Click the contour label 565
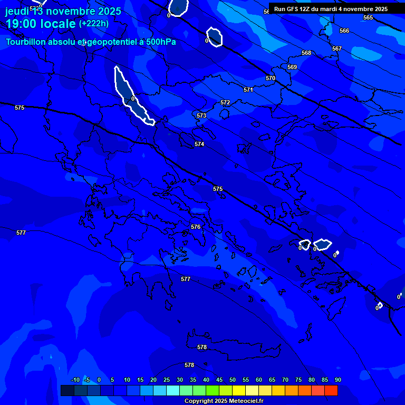(368, 17)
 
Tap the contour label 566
(344, 31)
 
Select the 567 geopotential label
(337, 49)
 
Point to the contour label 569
(292, 67)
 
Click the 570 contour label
(271, 78)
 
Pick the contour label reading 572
(225, 102)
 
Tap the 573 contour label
(201, 115)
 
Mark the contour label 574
(199, 144)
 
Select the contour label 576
(196, 227)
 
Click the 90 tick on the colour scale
(337, 380)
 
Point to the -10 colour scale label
(75, 380)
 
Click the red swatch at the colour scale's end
(331, 390)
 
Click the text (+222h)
(93, 23)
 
